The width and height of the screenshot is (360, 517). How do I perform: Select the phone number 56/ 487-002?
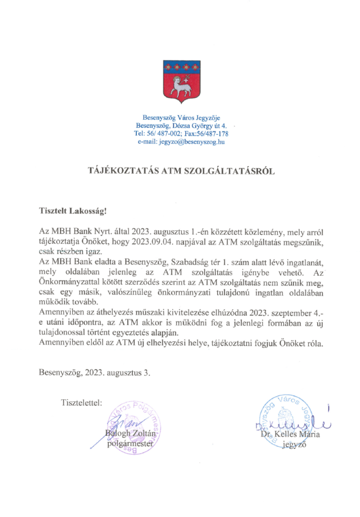160,134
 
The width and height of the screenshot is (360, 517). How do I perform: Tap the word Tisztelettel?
81,402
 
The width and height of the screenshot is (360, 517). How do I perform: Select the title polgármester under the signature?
130,444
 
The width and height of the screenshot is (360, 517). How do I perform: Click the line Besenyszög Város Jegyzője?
180,118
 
